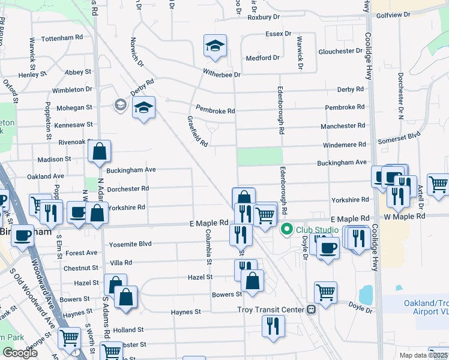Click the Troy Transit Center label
[269, 309]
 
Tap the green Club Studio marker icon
[287, 229]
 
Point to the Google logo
[20, 353]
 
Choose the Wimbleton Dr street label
[72, 89]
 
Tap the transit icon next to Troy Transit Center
[311, 310]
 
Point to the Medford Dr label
[263, 58]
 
